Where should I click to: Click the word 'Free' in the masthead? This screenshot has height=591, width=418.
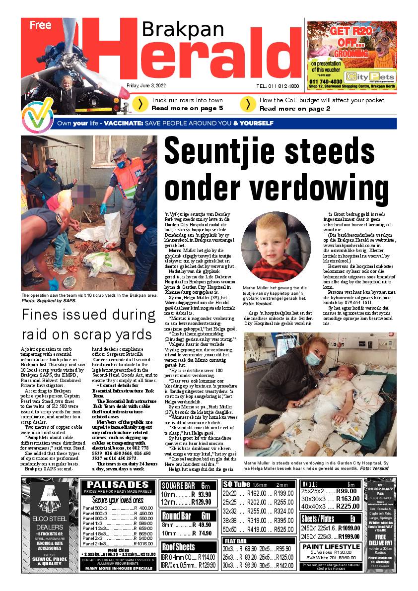click(40, 26)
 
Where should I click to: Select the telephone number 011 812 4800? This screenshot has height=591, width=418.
click(278, 86)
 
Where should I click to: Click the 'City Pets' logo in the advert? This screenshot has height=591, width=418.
click(371, 77)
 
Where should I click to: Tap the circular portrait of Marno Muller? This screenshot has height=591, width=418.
click(276, 248)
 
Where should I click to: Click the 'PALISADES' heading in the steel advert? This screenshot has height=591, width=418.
click(117, 484)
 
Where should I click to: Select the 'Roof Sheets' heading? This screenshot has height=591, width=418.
click(179, 547)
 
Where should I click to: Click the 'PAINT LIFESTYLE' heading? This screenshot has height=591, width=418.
click(331, 547)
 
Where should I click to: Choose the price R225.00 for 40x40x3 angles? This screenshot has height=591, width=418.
click(348, 506)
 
